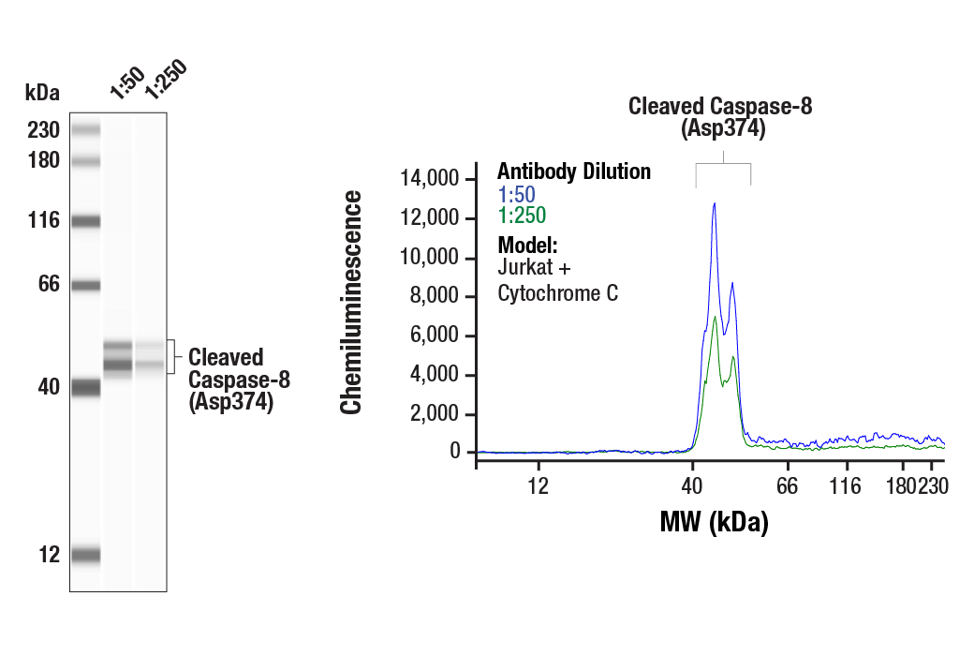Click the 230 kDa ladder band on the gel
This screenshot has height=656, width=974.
tap(86, 129)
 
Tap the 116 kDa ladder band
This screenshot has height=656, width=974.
tap(86, 222)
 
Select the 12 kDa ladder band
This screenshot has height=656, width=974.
tap(86, 555)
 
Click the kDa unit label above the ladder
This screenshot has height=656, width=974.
tap(42, 93)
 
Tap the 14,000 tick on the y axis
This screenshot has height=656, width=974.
tap(433, 178)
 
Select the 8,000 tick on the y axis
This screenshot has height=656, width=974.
tap(436, 296)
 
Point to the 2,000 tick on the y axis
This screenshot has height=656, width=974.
tap(436, 414)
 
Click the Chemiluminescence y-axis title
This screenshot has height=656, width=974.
tap(352, 302)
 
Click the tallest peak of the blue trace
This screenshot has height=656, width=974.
tap(715, 203)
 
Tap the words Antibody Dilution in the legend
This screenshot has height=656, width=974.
tap(573, 171)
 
